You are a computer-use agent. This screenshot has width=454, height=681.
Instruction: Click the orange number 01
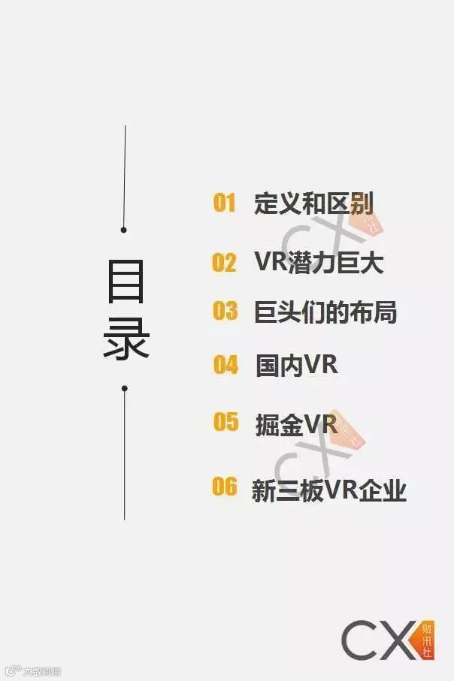pos(224,203)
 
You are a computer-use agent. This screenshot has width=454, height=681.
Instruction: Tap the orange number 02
pos(224,263)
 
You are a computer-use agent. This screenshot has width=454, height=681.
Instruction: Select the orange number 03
pos(225,311)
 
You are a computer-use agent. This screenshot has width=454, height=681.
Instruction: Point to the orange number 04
pos(225,365)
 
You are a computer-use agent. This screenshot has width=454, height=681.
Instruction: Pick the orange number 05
pos(225,422)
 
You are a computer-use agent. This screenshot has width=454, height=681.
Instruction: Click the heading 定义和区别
pos(313,203)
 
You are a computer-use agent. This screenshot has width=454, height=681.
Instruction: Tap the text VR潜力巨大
pos(319,263)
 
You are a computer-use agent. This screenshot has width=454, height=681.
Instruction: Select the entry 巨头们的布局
pos(325,312)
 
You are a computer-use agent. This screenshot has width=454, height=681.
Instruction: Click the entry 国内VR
pos(296,366)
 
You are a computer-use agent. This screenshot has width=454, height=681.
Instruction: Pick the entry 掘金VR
pos(296,424)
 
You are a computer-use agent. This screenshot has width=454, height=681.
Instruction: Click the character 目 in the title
pos(126,284)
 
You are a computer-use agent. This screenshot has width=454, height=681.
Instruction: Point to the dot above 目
pos(124,230)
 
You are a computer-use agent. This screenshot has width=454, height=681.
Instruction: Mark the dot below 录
pos(124,389)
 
